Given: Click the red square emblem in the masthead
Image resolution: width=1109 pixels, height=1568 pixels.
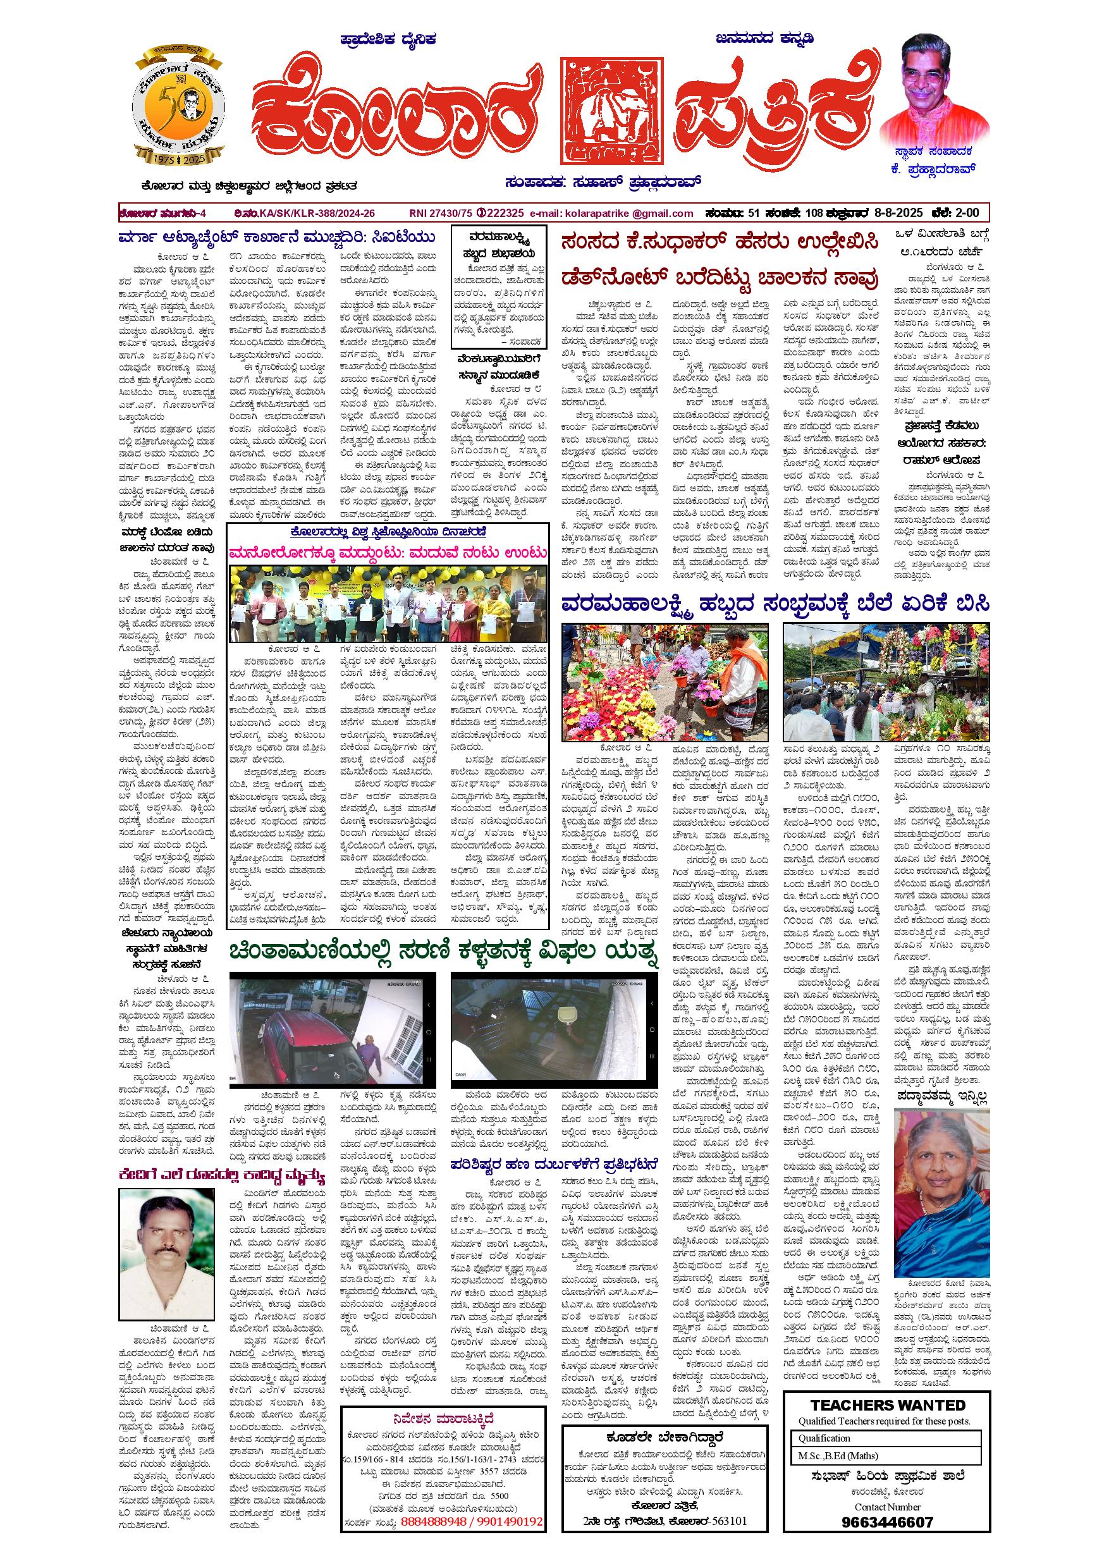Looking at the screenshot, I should point(612,111).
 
